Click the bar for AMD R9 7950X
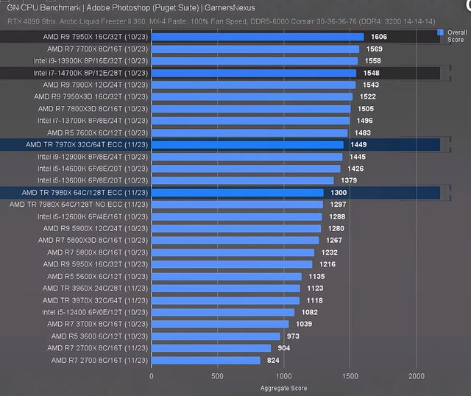[x=258, y=37]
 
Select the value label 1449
[x=358, y=145]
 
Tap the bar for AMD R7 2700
[x=205, y=361]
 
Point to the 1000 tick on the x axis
[x=284, y=375]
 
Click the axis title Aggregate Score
[x=284, y=388]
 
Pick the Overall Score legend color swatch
[x=440, y=32]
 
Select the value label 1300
[x=339, y=193]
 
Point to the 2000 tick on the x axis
[x=417, y=375]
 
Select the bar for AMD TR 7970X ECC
[x=247, y=145]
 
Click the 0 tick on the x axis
[x=152, y=375]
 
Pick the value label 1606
[x=379, y=37]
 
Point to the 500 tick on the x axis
[x=218, y=375]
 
